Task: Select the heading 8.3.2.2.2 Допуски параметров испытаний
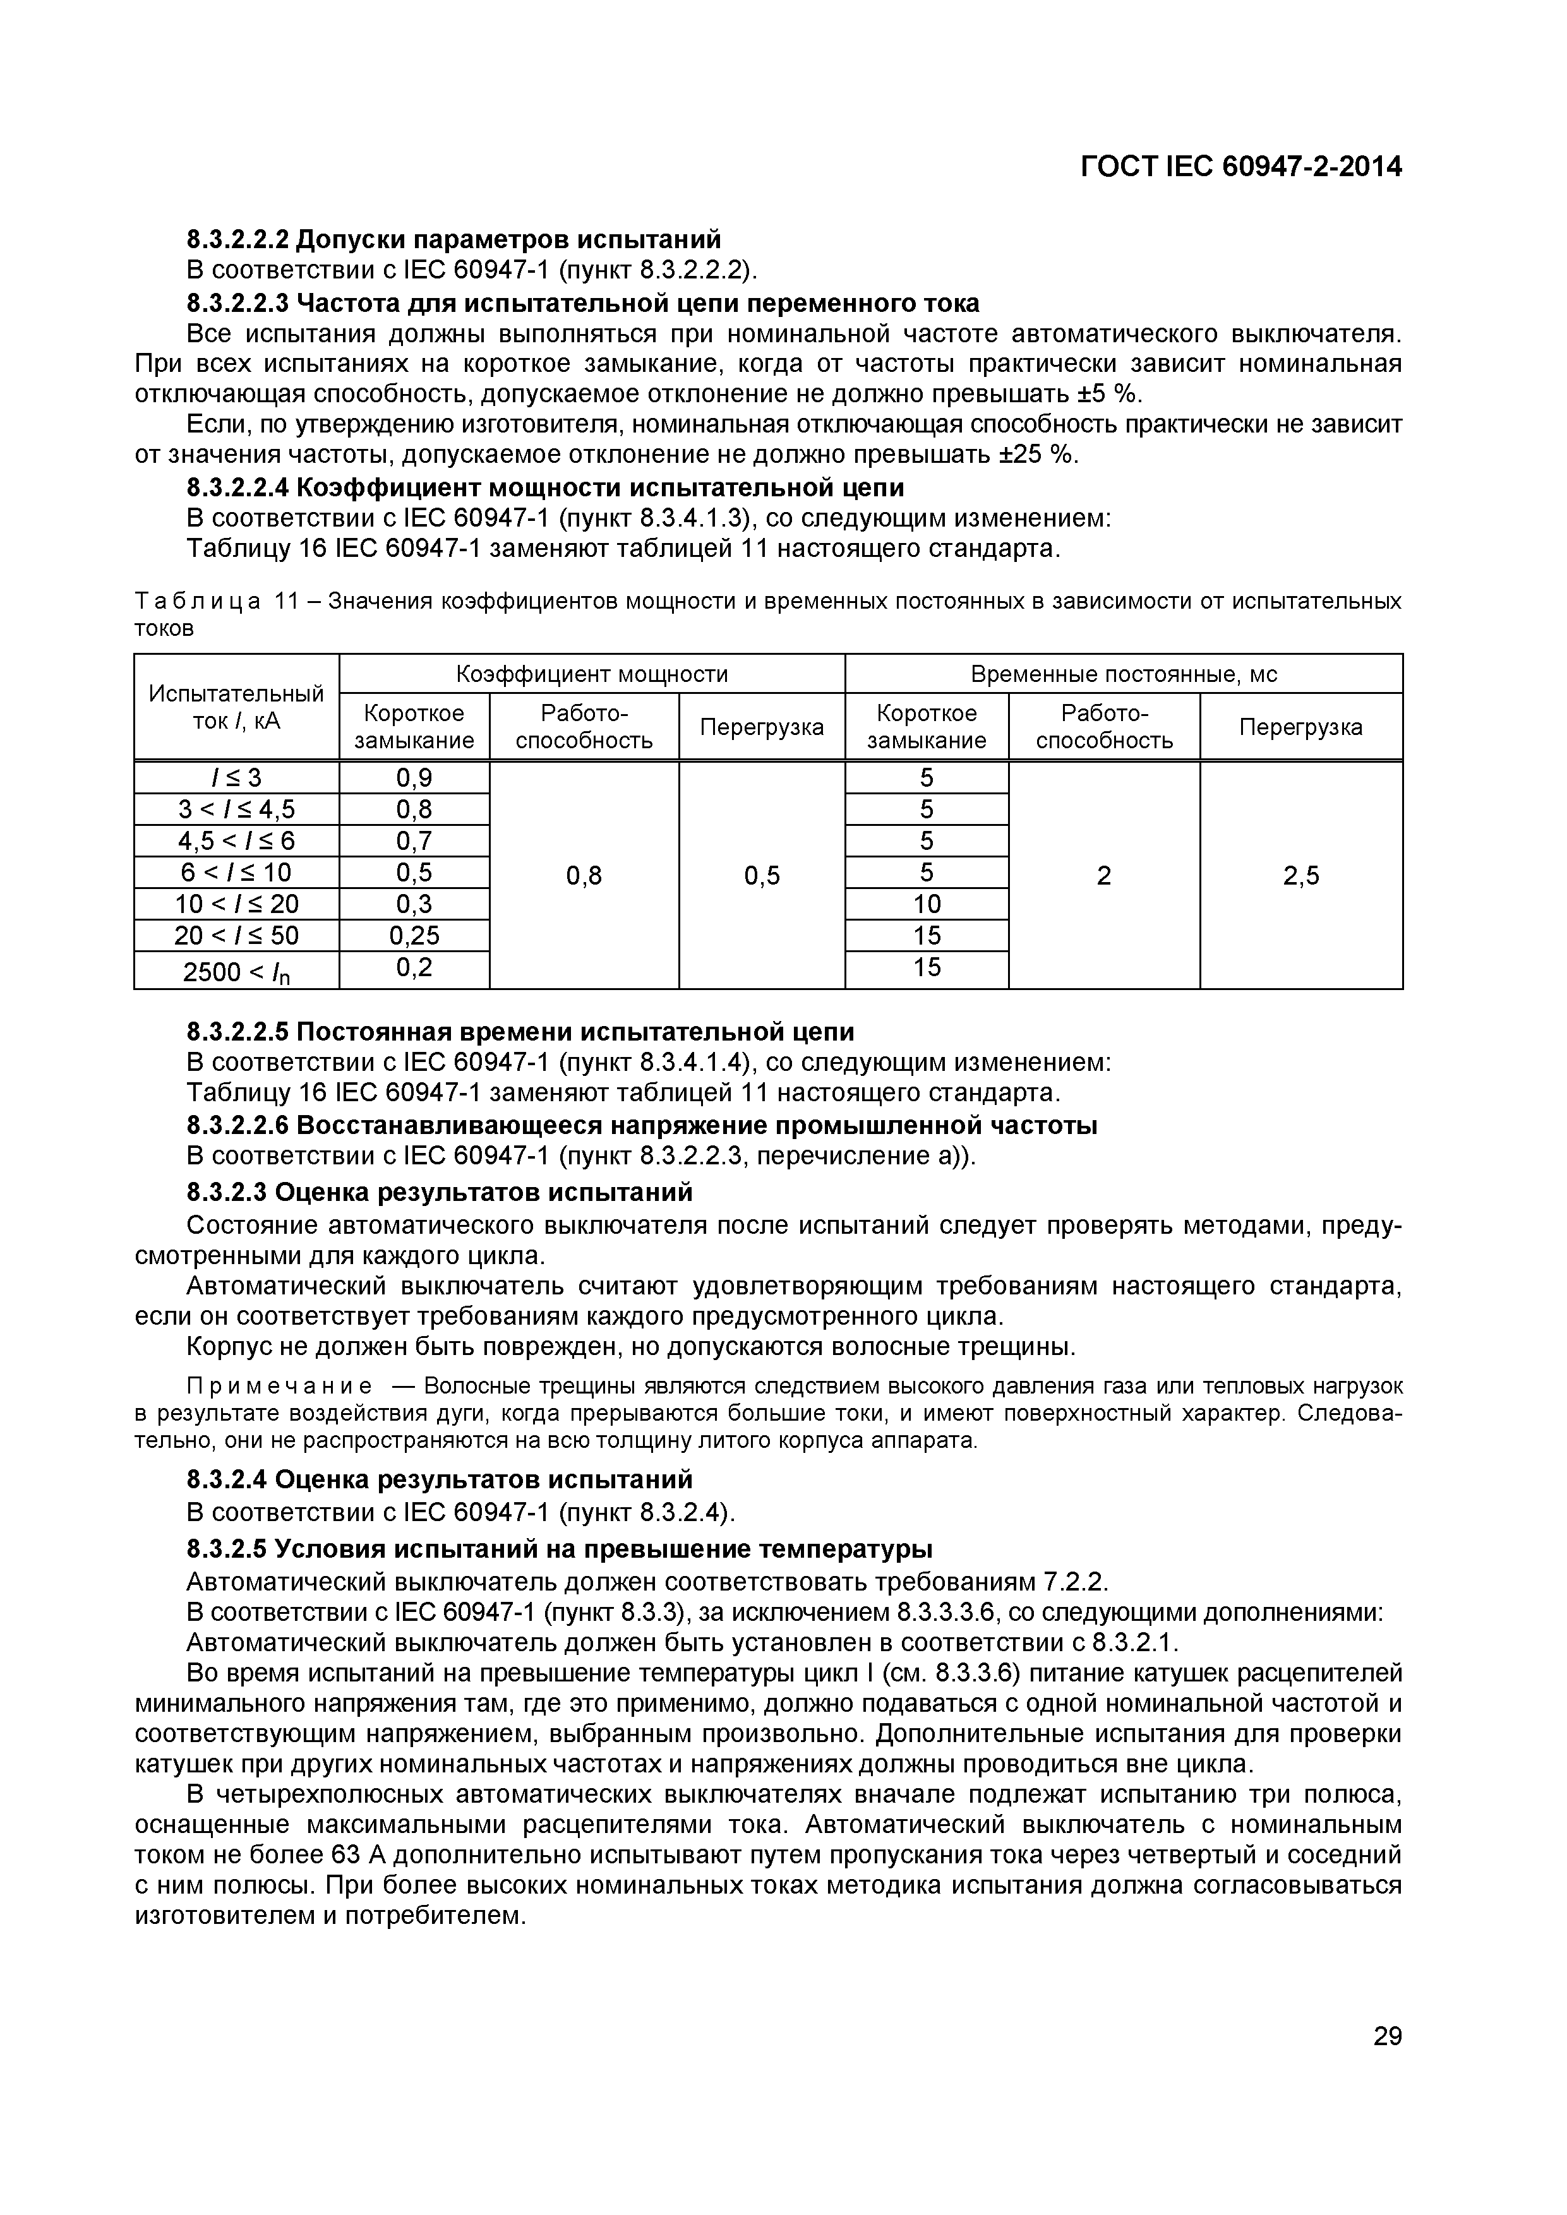[x=453, y=238]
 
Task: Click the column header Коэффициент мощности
[x=591, y=673]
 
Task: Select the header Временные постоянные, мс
[x=1123, y=673]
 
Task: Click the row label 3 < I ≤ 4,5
[x=236, y=808]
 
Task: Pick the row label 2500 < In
[x=236, y=970]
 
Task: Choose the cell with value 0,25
[x=414, y=935]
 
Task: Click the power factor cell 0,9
[x=414, y=777]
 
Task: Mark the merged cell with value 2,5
[x=1300, y=875]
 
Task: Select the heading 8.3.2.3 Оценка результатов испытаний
[x=439, y=1192]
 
